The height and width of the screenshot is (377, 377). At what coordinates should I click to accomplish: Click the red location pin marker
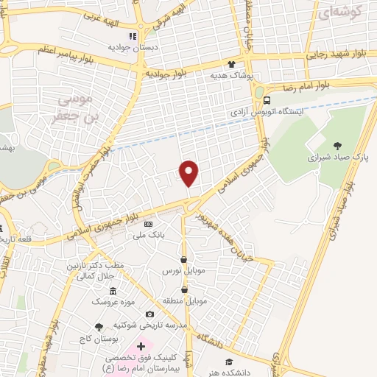tap(190, 174)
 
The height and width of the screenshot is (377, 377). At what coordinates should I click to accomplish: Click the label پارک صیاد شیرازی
tap(337, 158)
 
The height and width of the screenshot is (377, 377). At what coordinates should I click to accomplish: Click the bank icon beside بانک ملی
tap(149, 224)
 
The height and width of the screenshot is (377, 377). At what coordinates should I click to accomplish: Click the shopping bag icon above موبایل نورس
tap(183, 259)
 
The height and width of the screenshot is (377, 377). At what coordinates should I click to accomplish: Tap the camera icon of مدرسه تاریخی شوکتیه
tap(149, 314)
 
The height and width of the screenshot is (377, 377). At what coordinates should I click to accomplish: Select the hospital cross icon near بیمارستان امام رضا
tap(141, 345)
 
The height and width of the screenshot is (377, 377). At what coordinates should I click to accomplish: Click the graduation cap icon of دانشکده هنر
tap(229, 362)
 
